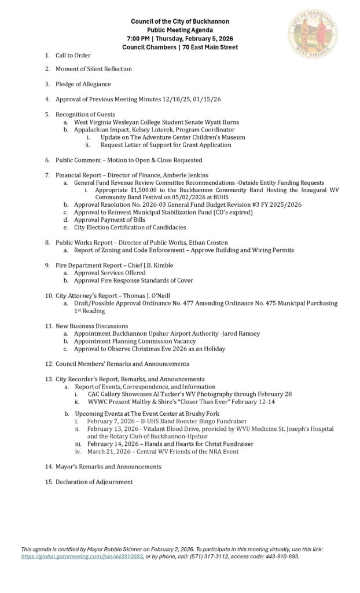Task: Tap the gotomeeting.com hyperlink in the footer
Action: click(82, 557)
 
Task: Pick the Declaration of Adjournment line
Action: click(94, 482)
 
